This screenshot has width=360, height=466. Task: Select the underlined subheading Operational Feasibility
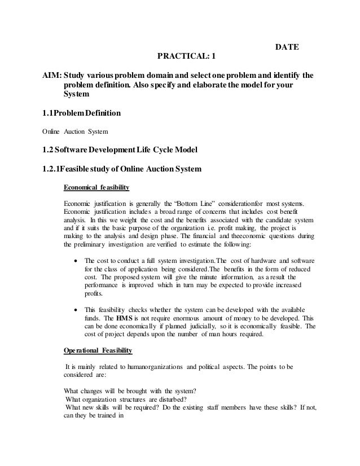click(x=98, y=350)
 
